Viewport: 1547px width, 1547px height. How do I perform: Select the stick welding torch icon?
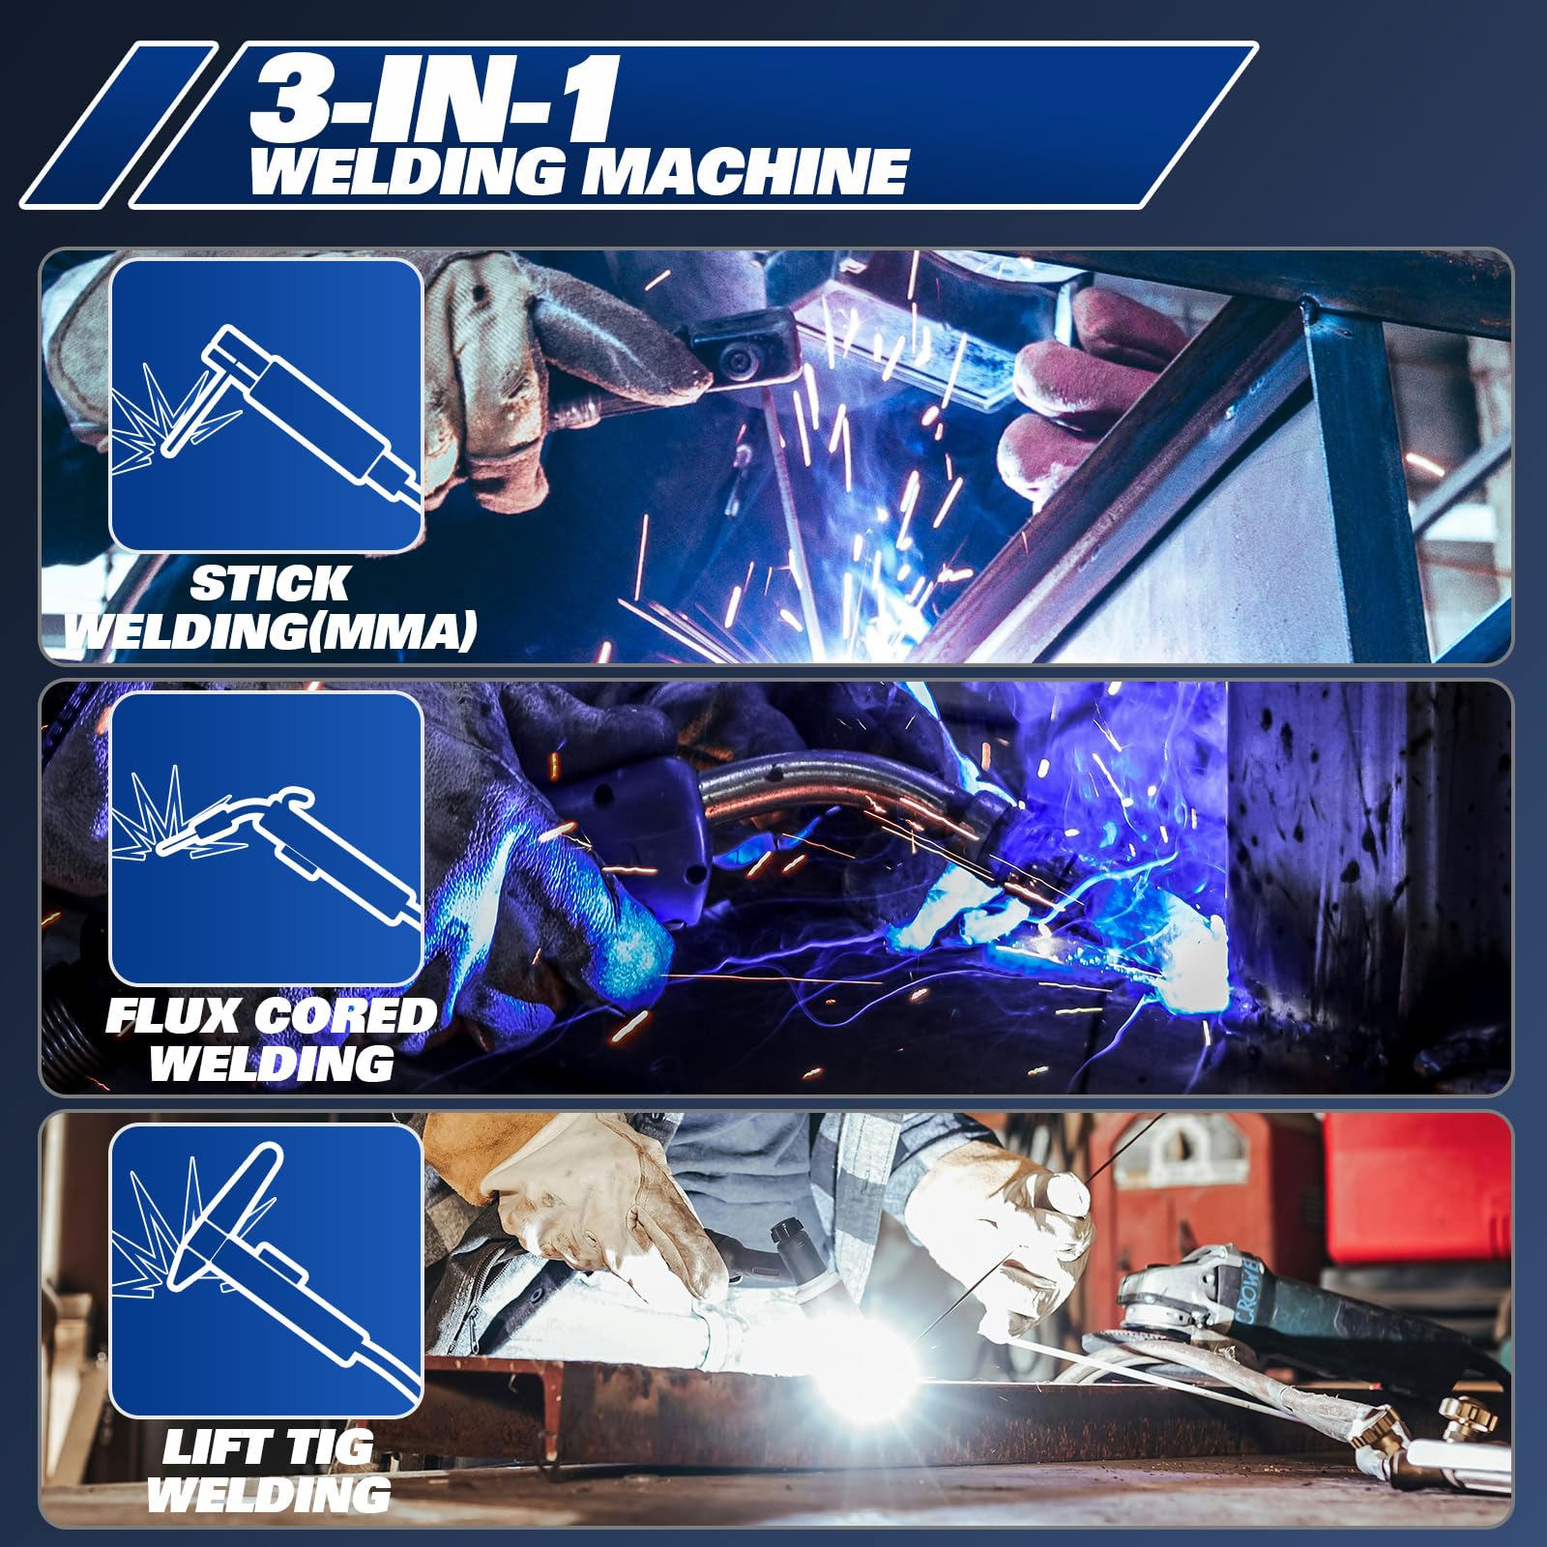(266, 405)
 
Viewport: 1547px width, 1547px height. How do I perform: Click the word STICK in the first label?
(269, 584)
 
